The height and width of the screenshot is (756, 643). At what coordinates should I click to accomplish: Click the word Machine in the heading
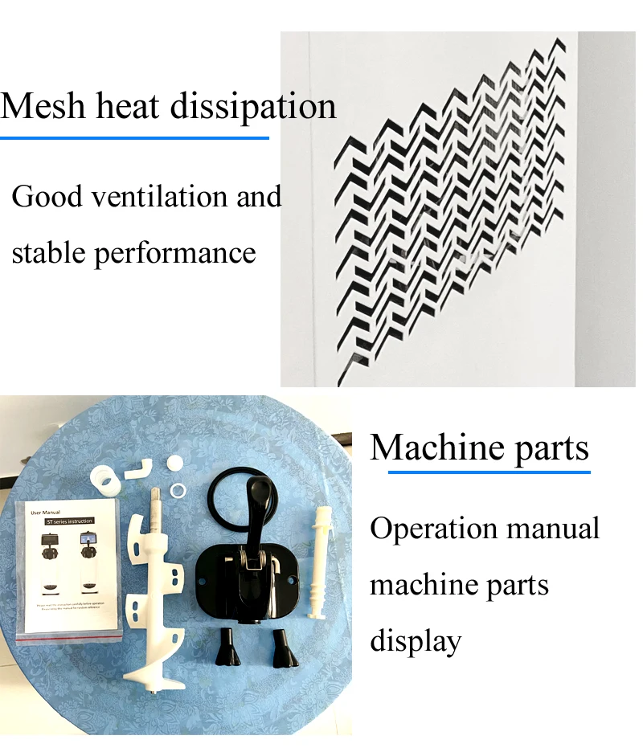(426, 447)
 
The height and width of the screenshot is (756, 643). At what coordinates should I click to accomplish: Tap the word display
(416, 640)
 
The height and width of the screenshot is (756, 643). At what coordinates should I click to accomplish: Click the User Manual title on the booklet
(47, 511)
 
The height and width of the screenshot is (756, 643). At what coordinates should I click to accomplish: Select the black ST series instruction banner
(72, 522)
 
